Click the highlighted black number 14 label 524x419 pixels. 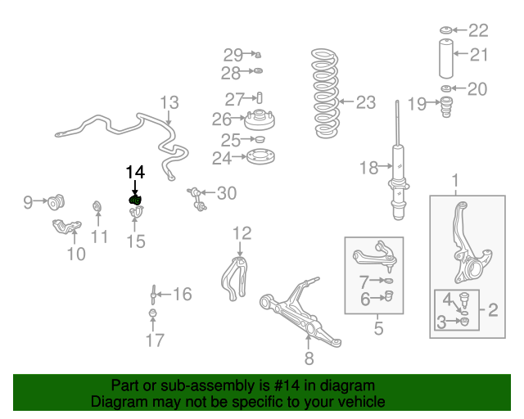[134, 172]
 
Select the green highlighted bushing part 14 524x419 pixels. [136, 200]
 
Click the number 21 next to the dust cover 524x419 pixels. [479, 56]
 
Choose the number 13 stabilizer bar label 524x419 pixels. [169, 103]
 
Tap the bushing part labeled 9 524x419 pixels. [58, 200]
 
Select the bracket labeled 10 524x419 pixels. [65, 228]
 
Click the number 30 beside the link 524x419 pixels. [226, 193]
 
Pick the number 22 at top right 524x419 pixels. [478, 30]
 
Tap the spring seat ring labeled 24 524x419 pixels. [259, 158]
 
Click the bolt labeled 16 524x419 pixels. [153, 294]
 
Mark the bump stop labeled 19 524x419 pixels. [446, 107]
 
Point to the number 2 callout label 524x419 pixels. [493, 310]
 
